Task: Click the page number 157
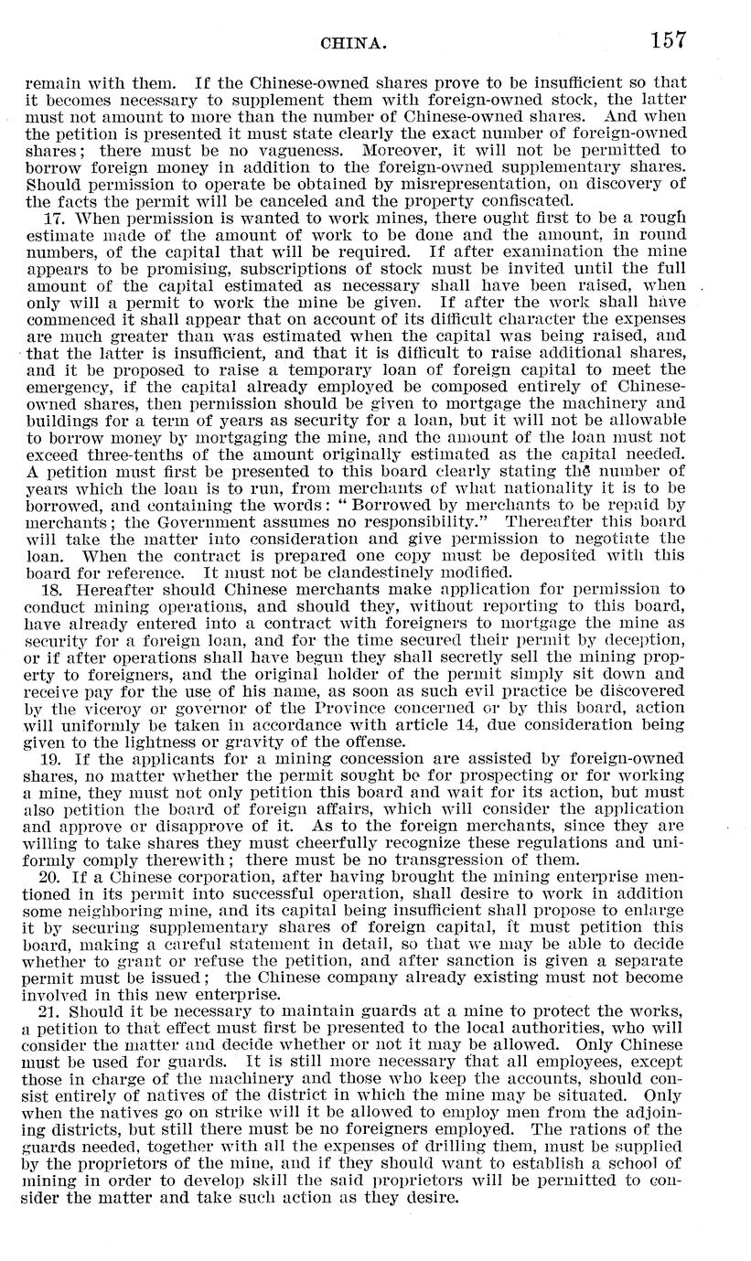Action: [x=668, y=40]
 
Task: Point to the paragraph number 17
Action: [x=53, y=220]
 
